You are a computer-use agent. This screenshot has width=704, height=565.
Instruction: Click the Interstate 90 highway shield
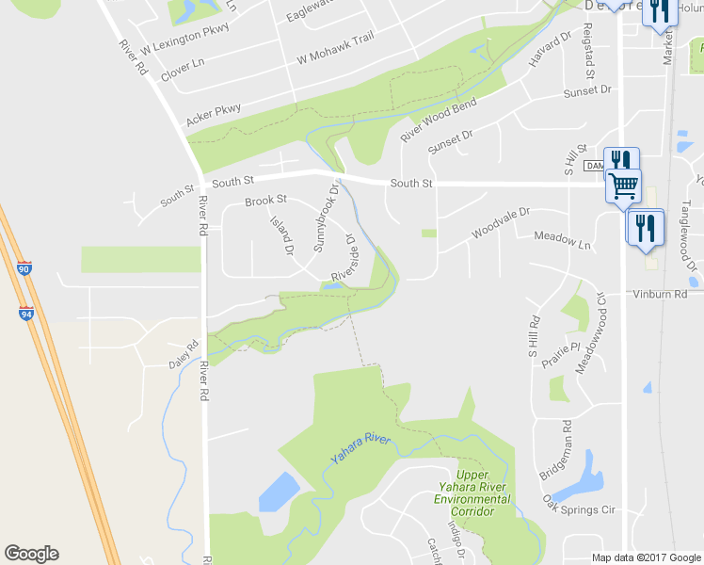pos(24,269)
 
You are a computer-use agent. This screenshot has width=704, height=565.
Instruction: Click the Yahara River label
pos(360,449)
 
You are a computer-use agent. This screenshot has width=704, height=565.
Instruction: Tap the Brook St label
pos(265,202)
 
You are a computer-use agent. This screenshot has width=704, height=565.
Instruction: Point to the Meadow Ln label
pos(563,241)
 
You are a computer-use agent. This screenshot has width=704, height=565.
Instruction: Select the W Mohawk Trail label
pos(335,48)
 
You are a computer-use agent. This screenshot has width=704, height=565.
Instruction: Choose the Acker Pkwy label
pos(213,116)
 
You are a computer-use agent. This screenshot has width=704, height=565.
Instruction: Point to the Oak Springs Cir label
pos(578,506)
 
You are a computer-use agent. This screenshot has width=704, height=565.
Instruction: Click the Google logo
pos(31,554)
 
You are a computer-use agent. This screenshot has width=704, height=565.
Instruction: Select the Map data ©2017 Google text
pos(646,557)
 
